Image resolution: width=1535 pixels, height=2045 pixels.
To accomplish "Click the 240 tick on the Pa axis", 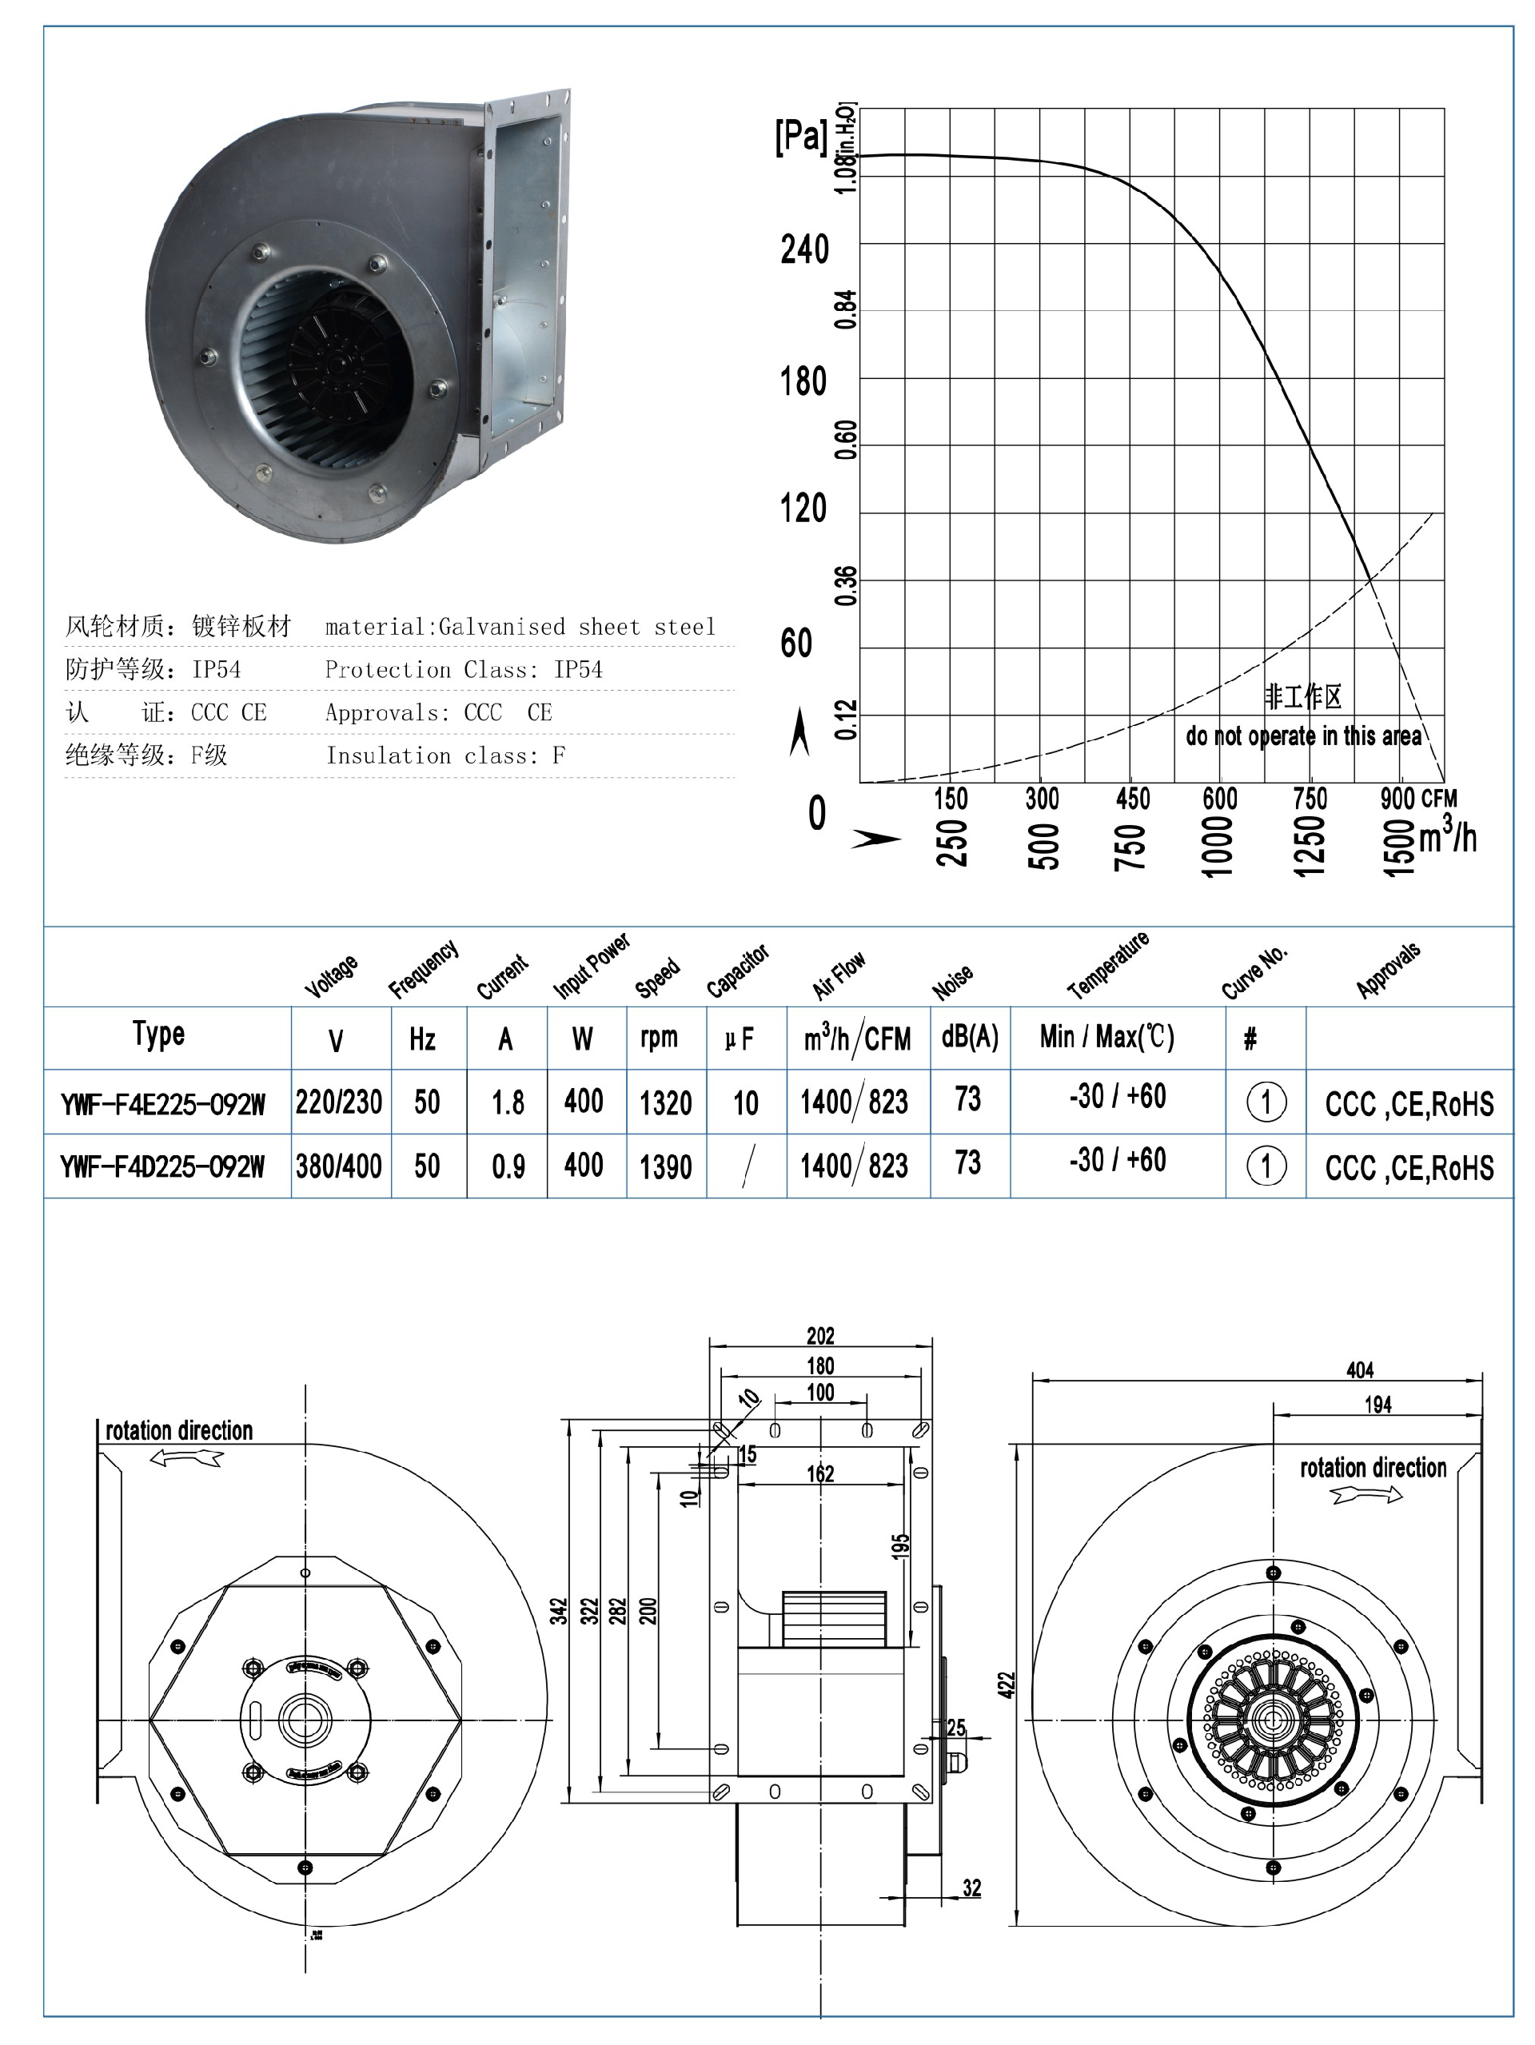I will click(803, 249).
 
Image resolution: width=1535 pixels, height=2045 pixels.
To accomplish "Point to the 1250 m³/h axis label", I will click(1310, 845).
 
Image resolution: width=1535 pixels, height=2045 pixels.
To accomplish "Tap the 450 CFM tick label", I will click(1132, 799).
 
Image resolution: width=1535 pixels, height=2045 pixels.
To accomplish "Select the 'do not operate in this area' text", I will click(1303, 736).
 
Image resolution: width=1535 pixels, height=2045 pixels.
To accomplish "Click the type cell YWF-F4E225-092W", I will click(163, 1104).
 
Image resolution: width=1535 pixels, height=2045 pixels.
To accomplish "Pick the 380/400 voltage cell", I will click(338, 1166).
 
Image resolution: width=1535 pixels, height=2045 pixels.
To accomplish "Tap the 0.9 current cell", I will click(508, 1166).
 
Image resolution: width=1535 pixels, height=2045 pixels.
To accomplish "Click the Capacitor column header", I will click(737, 971).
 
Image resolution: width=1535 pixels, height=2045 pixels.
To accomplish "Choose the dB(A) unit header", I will click(969, 1038).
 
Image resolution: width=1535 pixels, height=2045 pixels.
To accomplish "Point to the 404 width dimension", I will click(1358, 1370).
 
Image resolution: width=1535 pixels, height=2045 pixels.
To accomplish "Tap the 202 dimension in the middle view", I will click(820, 1336).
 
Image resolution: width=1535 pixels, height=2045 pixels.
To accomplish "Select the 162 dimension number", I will click(820, 1473).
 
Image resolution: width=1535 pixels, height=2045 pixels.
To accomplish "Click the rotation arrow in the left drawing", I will click(185, 1458).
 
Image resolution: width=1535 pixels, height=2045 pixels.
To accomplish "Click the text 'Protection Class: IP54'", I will click(463, 669).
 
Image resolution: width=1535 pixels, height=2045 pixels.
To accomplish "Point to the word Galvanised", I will click(501, 627).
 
